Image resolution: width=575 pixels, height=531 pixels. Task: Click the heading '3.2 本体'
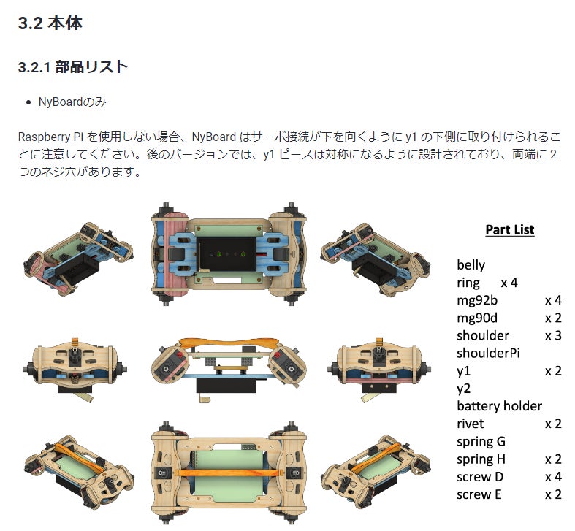tap(50, 23)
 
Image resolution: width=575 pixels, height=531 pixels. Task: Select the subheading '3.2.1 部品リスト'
tap(72, 67)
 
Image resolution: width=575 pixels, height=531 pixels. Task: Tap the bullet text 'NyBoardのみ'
tap(72, 102)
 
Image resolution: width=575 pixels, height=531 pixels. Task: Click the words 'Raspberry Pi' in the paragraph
tap(50, 137)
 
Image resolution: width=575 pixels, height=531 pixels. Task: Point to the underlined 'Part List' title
tap(510, 229)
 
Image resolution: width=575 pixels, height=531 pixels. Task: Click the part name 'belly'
tap(471, 264)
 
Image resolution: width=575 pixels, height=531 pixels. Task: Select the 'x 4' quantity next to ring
tap(509, 283)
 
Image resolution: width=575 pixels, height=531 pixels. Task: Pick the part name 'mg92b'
tap(477, 300)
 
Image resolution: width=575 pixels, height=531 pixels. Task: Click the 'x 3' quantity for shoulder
tap(553, 335)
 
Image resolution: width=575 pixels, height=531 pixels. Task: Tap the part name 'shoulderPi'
tap(489, 353)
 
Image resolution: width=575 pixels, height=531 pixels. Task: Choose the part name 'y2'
tap(463, 389)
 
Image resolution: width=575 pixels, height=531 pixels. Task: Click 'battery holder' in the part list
tap(500, 405)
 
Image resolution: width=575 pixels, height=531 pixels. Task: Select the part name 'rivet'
tap(470, 424)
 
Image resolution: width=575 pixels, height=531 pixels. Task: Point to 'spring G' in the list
tap(481, 441)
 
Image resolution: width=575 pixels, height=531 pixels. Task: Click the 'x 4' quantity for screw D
tap(553, 477)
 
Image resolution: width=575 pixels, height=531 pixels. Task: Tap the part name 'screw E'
tap(479, 494)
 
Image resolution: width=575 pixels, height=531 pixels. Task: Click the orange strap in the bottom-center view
tap(228, 473)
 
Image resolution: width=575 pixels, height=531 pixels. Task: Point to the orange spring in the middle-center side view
tap(228, 344)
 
